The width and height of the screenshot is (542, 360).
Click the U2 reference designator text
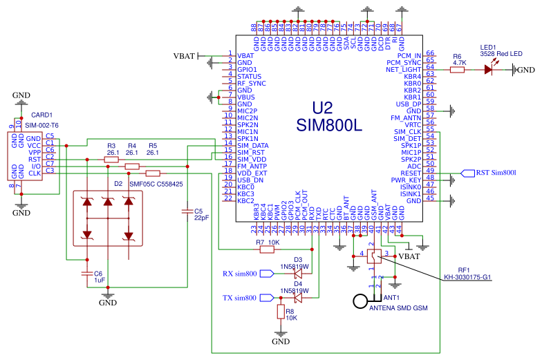click(322, 108)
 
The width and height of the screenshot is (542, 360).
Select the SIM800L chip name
click(328, 126)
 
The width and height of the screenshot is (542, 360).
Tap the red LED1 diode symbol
click(489, 69)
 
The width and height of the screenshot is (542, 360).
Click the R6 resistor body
click(457, 69)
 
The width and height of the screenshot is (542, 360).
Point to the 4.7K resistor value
click(459, 62)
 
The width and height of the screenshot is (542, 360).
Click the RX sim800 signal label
click(240, 274)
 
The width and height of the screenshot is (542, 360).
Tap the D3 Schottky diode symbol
click(298, 274)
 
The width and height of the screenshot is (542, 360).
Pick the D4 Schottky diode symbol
click(298, 299)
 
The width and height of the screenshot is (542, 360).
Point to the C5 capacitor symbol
click(187, 211)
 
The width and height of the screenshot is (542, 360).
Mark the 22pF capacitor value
click(201, 217)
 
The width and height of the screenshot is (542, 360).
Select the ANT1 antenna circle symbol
click(360, 301)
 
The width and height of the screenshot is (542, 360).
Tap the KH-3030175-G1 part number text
click(467, 277)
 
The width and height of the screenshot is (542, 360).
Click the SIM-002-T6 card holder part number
click(42, 125)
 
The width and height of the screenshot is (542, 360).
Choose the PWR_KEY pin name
click(407, 180)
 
